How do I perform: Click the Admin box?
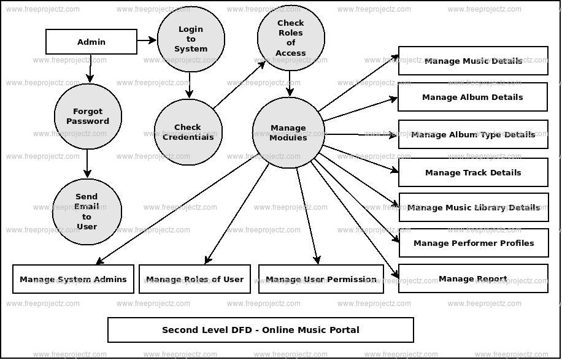click(91, 42)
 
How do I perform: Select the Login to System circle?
click(191, 39)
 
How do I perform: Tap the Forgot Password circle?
click(88, 117)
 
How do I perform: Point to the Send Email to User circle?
click(87, 212)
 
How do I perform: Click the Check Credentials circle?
click(188, 132)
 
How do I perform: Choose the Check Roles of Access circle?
click(291, 39)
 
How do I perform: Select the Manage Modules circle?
click(288, 133)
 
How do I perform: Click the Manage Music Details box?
click(473, 61)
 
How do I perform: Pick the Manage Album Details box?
click(472, 97)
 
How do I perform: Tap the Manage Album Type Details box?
click(472, 134)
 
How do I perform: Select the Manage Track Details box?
click(473, 172)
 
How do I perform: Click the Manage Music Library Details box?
click(473, 207)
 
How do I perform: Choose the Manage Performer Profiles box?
click(473, 243)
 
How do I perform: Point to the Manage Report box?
click(473, 278)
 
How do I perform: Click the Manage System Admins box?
click(73, 279)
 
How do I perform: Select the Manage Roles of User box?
click(194, 279)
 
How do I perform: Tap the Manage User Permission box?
click(321, 279)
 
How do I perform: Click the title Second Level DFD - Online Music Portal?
click(261, 330)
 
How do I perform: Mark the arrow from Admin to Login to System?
click(147, 40)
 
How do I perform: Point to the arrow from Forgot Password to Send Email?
click(88, 164)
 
